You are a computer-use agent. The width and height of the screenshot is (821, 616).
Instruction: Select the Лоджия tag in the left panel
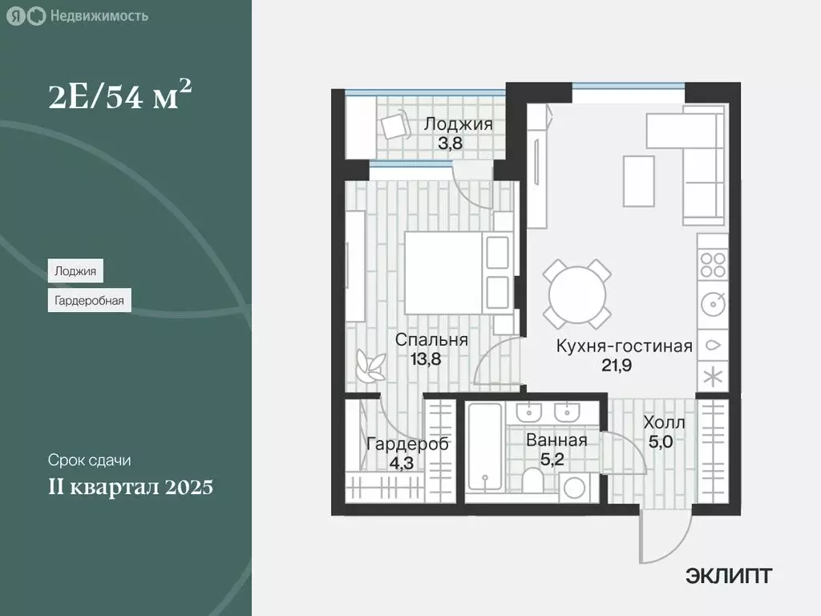point(75,271)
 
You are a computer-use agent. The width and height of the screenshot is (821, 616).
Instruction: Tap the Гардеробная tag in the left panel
point(89,302)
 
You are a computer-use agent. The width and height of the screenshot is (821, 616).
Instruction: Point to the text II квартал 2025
point(130,487)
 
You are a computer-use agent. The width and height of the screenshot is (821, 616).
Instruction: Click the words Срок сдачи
point(88,460)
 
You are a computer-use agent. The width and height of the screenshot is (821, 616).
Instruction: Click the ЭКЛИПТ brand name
point(729,576)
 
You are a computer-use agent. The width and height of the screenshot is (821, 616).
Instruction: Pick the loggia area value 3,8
point(458,145)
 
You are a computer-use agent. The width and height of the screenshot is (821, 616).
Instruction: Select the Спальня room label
point(431,340)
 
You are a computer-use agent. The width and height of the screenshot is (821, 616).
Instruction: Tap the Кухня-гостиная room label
point(625,346)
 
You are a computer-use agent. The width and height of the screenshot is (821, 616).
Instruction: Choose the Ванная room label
point(556,440)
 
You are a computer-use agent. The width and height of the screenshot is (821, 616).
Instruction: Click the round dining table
point(577,293)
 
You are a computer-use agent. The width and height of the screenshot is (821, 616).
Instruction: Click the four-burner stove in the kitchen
point(712,265)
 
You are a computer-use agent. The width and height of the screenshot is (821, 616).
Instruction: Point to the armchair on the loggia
point(394,126)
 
